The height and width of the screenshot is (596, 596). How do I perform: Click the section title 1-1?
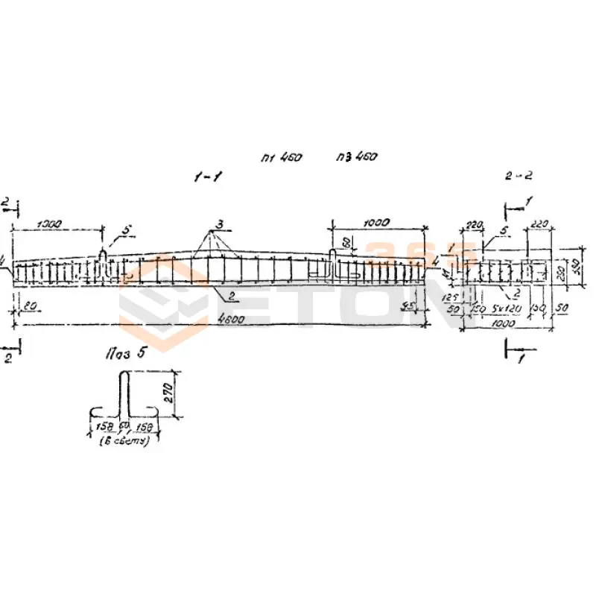208,177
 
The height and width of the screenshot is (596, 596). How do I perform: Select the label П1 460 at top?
281,158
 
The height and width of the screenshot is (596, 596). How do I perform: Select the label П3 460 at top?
357,157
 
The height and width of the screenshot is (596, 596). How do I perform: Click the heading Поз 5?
123,352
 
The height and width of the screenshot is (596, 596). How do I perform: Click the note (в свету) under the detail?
125,441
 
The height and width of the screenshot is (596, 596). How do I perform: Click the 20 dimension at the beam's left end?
29,305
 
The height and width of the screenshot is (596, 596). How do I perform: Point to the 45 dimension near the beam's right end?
406,305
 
